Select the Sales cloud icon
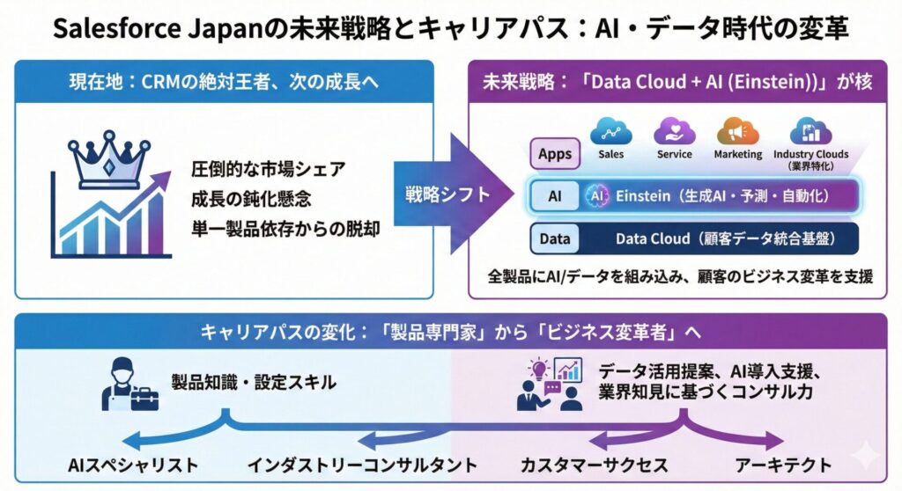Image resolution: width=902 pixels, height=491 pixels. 610,131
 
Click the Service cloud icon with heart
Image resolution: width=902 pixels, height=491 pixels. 674,131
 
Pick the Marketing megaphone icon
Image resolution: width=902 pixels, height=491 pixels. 737,131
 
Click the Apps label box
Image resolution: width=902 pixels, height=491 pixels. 555,153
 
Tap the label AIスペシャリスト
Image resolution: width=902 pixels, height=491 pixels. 133,464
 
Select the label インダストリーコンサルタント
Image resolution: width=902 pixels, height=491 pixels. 361,464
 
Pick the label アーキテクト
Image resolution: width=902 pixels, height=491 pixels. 780,464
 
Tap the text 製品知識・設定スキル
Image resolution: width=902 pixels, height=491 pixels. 254,382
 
